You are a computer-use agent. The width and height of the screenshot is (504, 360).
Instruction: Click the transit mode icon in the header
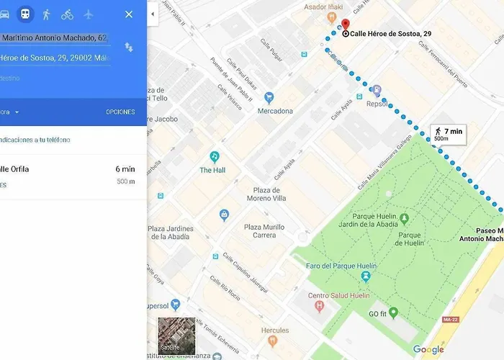point(25,14)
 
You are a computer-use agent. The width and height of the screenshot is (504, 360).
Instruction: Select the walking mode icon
point(46,14)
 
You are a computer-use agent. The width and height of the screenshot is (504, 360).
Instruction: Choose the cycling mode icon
point(67,14)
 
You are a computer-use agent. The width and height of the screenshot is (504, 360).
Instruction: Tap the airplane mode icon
point(89,14)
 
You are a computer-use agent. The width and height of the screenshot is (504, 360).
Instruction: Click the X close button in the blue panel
point(129,14)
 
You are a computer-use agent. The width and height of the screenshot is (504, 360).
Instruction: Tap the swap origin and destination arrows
point(128,46)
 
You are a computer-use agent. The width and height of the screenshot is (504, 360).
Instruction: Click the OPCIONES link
point(120,112)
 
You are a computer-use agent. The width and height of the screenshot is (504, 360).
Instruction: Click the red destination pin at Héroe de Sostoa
point(344,24)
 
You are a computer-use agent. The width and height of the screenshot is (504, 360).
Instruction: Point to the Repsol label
point(376,103)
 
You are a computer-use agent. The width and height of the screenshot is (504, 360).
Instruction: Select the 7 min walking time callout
point(449,133)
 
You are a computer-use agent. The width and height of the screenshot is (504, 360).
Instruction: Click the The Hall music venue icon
point(214,156)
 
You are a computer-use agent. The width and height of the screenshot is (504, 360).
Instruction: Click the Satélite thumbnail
point(176,336)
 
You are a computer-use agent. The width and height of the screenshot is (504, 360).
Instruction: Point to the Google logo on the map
point(428,350)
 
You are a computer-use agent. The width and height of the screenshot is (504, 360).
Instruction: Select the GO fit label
point(378,313)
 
